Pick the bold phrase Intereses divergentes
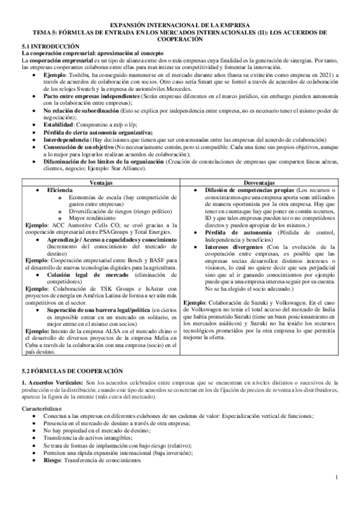click(237, 246)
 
